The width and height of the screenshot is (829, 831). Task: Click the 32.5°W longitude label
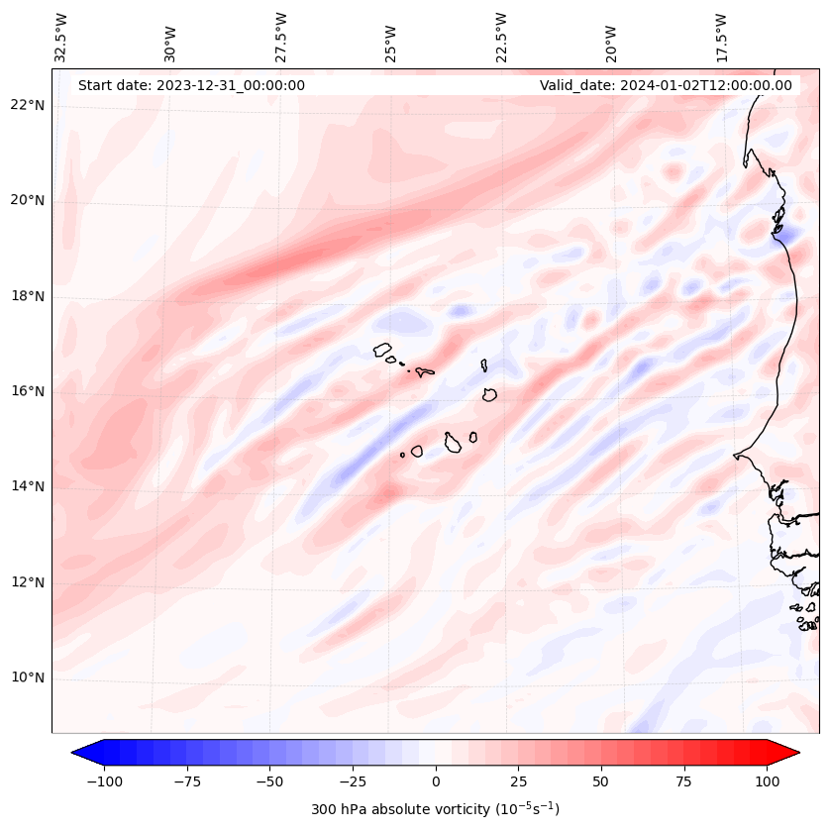61,37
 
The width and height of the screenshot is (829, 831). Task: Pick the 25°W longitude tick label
391,39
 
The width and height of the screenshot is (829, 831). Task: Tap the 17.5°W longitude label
721,37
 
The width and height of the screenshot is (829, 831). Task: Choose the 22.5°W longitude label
501,37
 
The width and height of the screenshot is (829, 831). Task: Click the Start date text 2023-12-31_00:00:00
191,85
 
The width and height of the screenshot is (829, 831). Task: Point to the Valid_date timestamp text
666,85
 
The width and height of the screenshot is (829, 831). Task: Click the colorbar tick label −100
104,781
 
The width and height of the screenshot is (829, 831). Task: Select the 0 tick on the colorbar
436,781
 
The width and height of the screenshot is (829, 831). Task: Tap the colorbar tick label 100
767,781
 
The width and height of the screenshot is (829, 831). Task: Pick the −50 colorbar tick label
269,781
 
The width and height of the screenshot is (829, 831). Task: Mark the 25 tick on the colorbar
518,781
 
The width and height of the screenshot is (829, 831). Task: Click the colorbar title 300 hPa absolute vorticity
435,809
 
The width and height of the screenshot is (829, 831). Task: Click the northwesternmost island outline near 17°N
382,350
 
